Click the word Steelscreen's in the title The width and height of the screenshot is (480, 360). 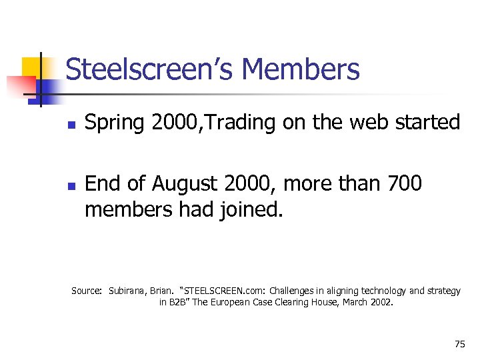point(149,69)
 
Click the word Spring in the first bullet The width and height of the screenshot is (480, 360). point(115,123)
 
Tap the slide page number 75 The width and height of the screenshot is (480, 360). point(459,344)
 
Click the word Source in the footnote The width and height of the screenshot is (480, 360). point(85,291)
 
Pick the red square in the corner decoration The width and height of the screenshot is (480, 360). point(20,85)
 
